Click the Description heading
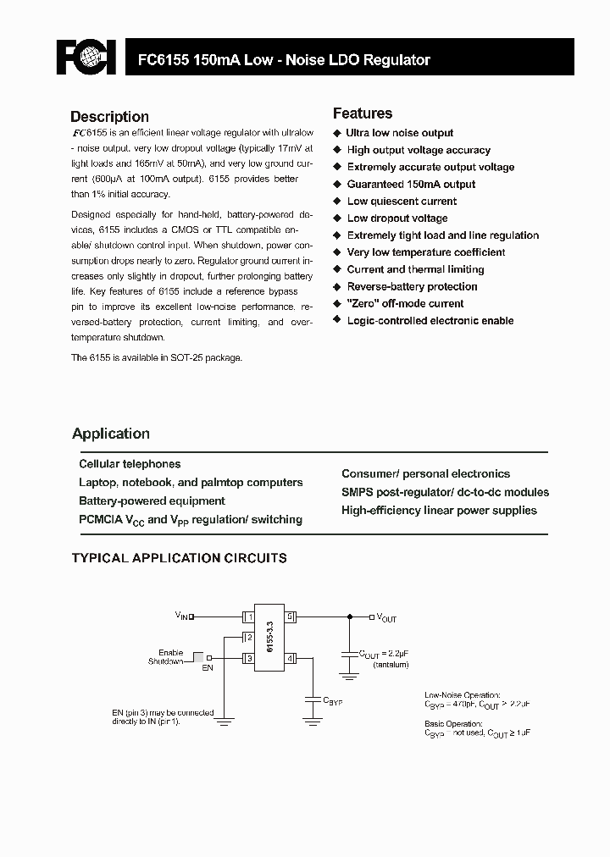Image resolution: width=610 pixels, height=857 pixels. coord(109,117)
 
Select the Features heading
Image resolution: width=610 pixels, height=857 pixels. coord(362,113)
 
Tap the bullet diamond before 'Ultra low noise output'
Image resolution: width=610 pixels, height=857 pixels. coord(336,133)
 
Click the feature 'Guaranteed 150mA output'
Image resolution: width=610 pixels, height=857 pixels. coord(411,184)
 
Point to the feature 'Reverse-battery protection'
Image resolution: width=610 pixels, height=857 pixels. coord(412,286)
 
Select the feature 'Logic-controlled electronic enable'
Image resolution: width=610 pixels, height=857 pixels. coord(430,320)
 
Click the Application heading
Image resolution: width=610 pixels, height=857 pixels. coord(111,434)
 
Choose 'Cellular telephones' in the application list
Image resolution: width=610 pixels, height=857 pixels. coord(130,464)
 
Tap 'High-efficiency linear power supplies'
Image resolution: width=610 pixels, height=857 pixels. coord(439,510)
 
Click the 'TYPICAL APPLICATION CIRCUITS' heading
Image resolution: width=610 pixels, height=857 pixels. coord(179,558)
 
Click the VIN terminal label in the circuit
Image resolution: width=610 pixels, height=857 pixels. coord(183,616)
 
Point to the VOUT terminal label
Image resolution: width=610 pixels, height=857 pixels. coord(385,617)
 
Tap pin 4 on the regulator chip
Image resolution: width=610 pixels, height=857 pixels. coord(290,657)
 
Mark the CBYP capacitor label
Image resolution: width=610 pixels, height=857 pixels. coord(332,702)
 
